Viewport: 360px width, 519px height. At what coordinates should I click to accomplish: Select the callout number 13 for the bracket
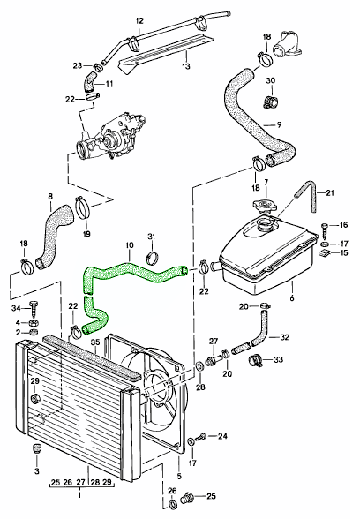(186, 66)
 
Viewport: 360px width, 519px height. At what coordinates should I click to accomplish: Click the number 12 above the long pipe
(139, 21)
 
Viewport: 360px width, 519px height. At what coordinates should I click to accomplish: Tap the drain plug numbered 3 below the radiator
(37, 449)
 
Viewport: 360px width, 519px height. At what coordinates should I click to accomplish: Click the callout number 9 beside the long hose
(279, 125)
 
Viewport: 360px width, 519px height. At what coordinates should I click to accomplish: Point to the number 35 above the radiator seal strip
(95, 341)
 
